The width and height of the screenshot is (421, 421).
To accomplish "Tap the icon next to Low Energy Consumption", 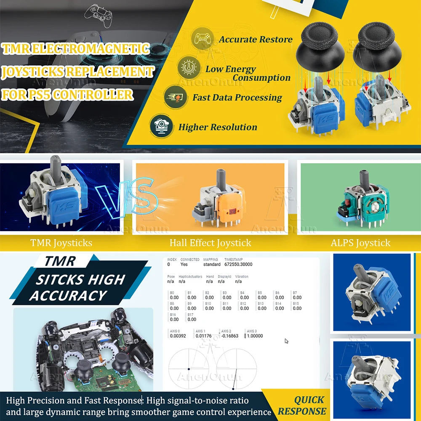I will click(188, 67).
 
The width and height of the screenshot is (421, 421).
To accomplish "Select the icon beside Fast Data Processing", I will click(176, 96).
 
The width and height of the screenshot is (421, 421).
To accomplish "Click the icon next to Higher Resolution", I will click(161, 126).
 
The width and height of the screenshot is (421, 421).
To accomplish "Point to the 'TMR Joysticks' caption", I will click(61, 243).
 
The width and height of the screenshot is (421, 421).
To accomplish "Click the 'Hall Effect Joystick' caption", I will click(210, 243).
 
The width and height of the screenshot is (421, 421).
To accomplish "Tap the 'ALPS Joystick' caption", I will click(360, 243).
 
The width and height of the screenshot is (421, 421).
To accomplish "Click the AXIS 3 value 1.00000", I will click(254, 336).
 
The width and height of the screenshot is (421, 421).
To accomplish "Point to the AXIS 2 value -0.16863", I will click(229, 336).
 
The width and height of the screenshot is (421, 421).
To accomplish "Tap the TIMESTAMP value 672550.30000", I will click(238, 264).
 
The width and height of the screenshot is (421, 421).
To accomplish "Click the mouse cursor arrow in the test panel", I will click(287, 341).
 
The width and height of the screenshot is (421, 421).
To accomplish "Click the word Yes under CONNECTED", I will click(184, 264).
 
